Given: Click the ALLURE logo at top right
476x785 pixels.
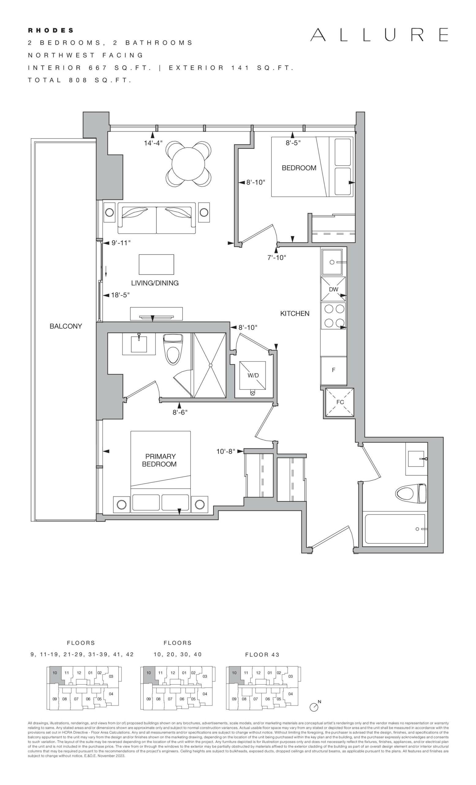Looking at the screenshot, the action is point(379,35).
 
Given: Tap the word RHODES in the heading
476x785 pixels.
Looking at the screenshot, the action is point(51,31).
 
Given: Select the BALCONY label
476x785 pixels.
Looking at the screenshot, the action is point(66,326).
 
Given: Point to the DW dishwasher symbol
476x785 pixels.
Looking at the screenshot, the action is point(334,289).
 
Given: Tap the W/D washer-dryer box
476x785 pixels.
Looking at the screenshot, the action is point(253,375).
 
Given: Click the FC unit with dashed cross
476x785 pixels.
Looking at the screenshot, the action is point(339,402).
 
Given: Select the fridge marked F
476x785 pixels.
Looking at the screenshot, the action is point(334,370).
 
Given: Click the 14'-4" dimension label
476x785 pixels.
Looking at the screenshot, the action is point(153,143).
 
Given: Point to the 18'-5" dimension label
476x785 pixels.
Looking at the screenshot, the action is point(120,295).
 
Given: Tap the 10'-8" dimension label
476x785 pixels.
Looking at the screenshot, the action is point(225,451).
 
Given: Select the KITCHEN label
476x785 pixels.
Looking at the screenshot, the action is point(295,313).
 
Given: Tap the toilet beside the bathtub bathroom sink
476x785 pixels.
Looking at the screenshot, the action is point(410,494).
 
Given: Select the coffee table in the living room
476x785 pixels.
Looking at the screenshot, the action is point(156,264).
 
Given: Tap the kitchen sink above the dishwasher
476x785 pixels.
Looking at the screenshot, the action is point(332,262).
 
